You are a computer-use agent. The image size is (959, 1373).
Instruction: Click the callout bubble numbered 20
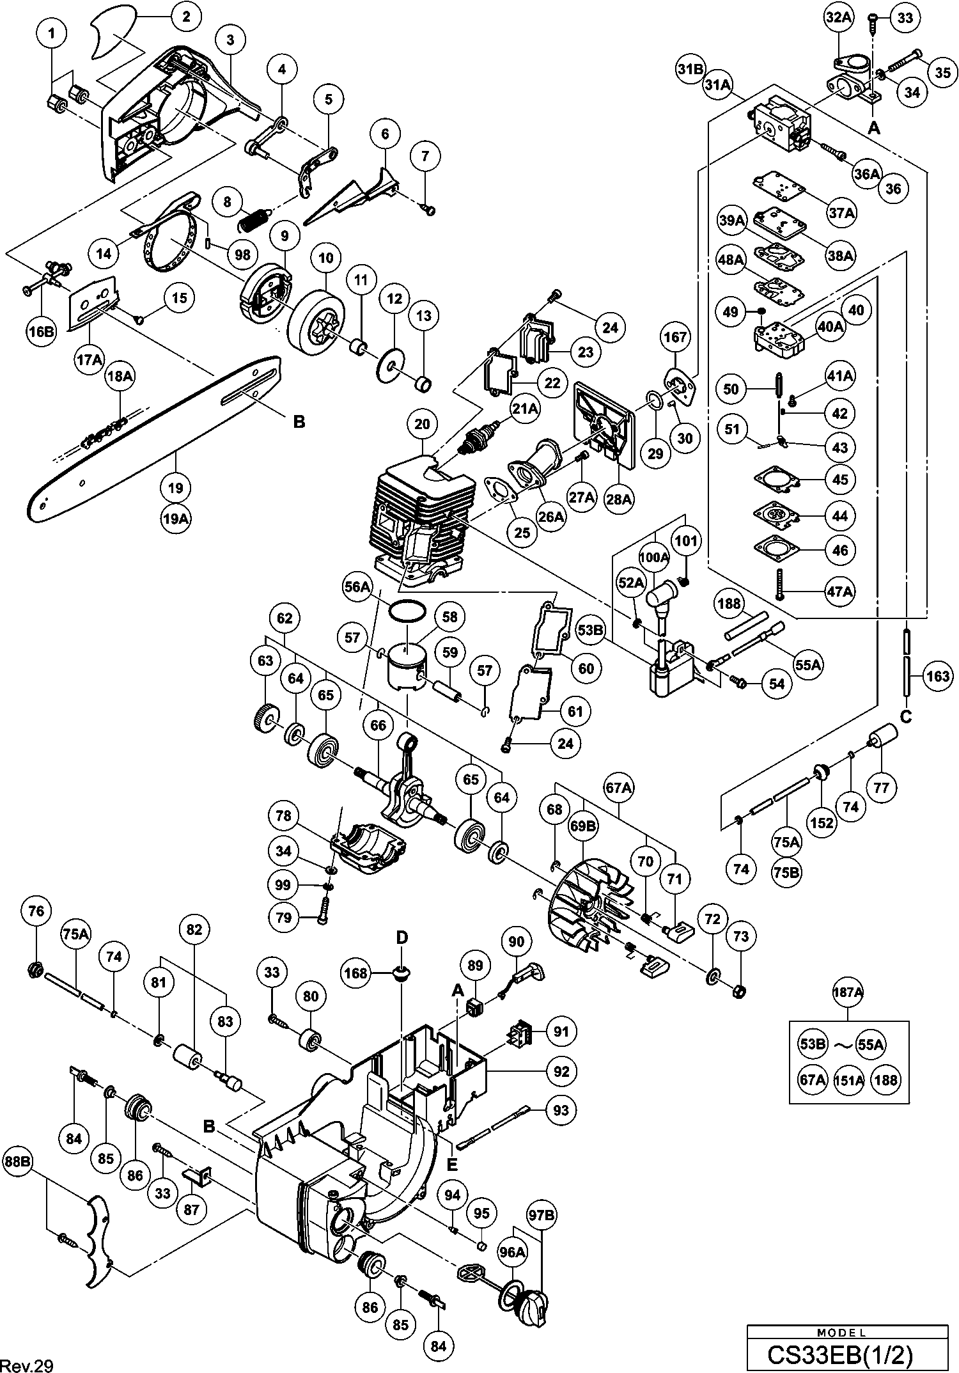point(422,424)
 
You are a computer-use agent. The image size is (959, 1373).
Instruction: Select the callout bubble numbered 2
point(186,17)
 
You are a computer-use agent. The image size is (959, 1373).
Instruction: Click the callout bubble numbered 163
point(937,676)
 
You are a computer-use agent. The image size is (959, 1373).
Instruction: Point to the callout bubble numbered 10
point(326,258)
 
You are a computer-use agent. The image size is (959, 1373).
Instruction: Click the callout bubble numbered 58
point(450,616)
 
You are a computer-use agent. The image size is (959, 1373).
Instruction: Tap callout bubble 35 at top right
point(942,72)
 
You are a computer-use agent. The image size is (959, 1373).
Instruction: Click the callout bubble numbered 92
point(561,1071)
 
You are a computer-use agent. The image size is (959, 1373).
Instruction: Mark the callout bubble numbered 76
point(36,911)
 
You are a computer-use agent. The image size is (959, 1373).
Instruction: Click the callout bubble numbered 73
point(741,938)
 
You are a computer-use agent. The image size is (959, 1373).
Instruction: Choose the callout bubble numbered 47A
point(840,592)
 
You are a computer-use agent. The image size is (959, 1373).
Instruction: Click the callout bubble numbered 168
point(356,974)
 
